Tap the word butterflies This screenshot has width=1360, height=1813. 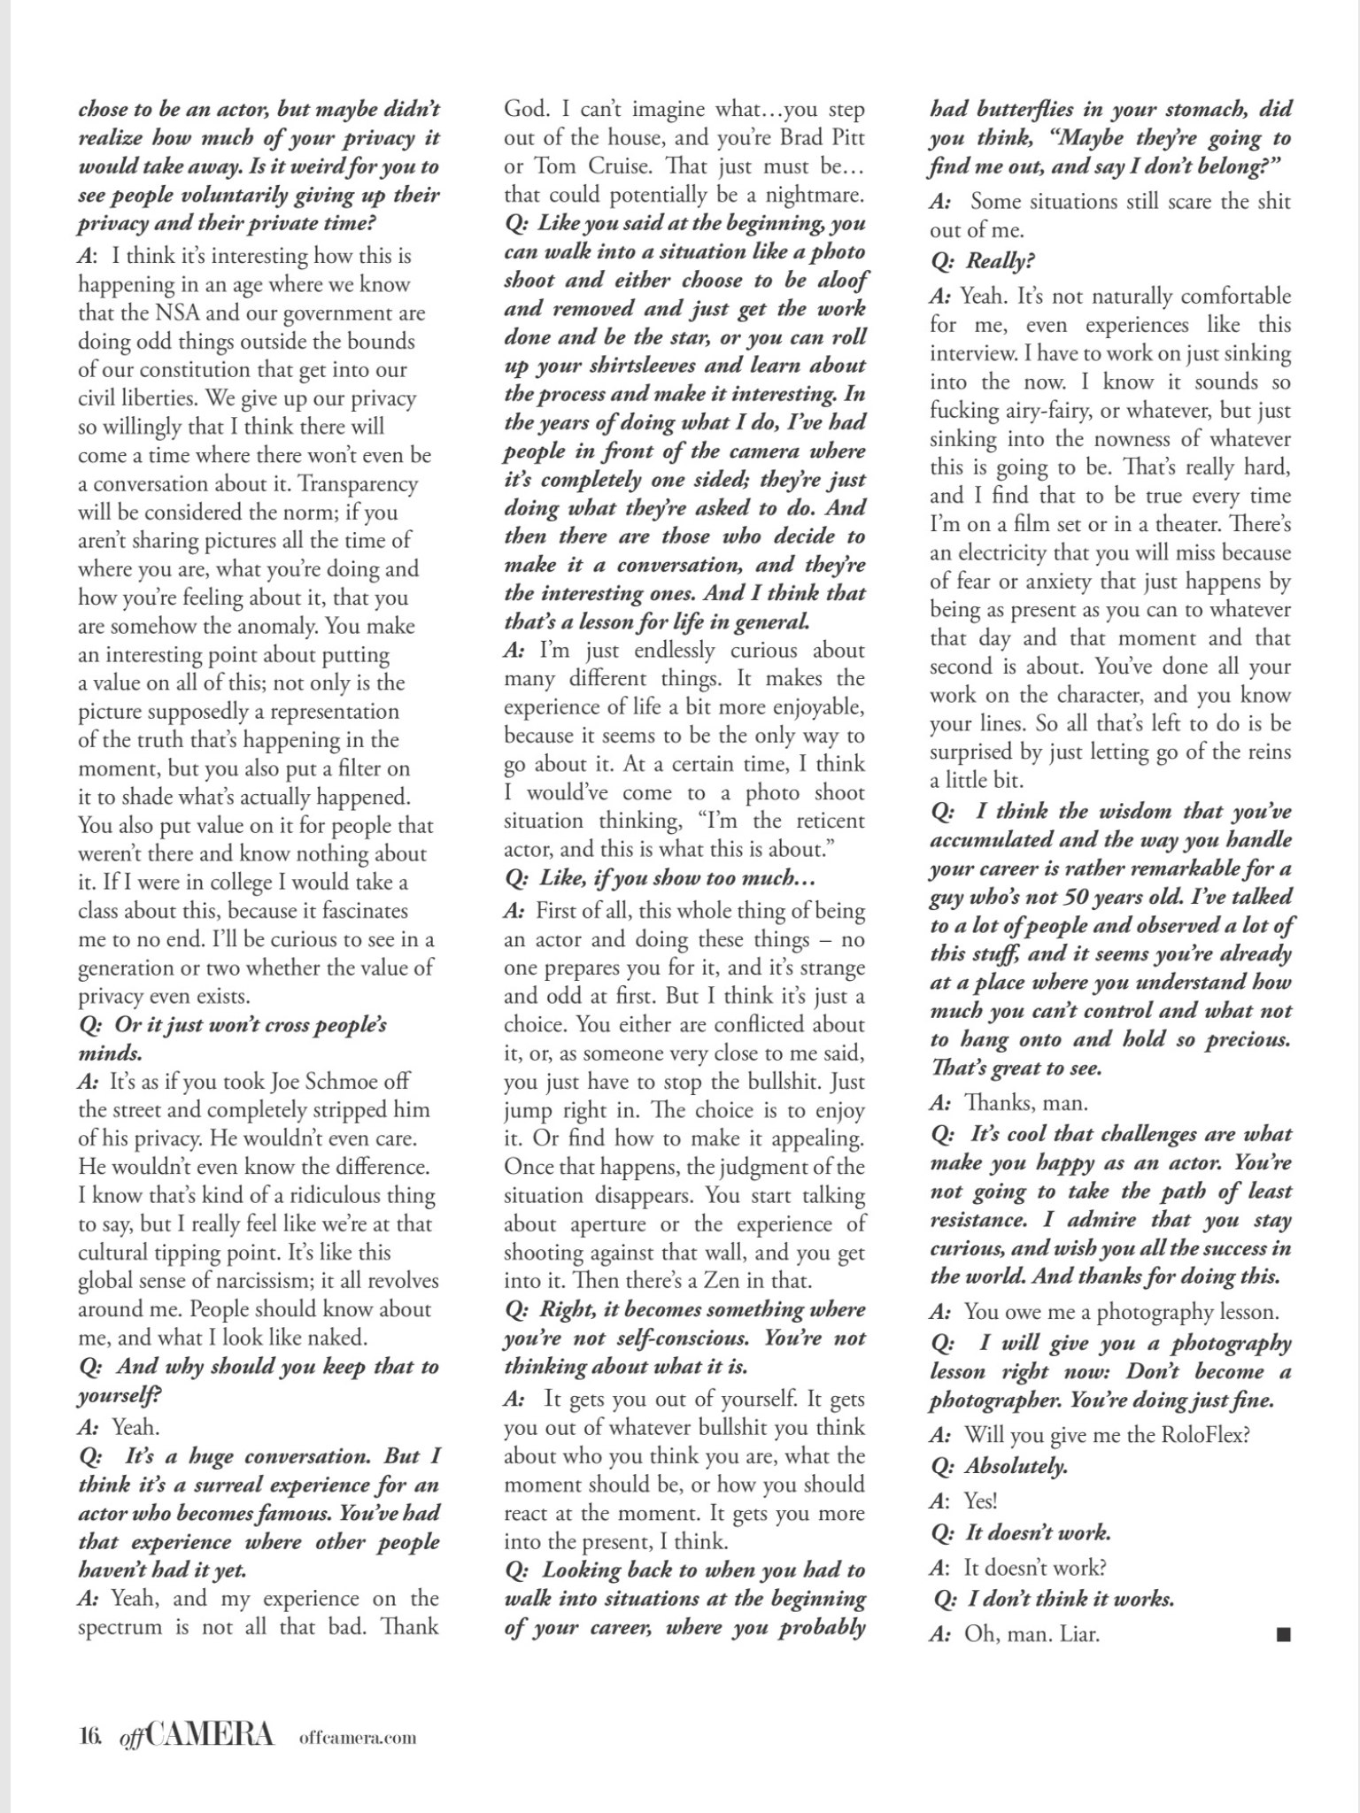click(1044, 110)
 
